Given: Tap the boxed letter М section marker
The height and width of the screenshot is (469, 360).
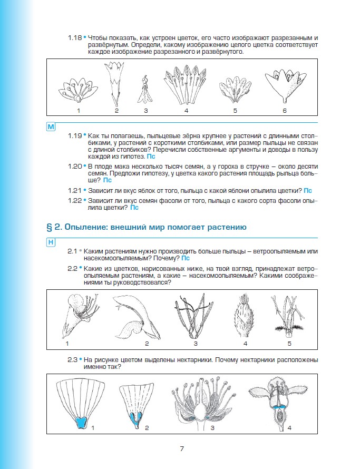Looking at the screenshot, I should [x=51, y=128].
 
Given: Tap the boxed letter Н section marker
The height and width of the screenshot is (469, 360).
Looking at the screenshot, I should [x=51, y=242].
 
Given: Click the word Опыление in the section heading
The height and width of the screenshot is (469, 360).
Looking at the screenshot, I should [x=87, y=227].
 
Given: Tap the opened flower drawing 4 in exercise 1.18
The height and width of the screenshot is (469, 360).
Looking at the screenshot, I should [x=186, y=85].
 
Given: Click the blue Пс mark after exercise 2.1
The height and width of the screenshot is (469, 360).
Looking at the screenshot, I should [x=185, y=258].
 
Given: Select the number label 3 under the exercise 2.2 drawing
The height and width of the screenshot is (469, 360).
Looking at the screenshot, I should [x=195, y=344].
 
